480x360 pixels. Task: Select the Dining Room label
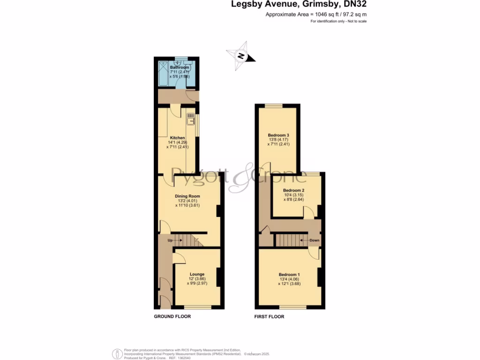(x=187, y=196)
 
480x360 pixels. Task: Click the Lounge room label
(x=197, y=274)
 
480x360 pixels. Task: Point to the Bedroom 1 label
(x=289, y=275)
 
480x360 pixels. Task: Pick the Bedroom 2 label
(x=294, y=190)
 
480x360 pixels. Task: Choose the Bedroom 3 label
(x=278, y=135)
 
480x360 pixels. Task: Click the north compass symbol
(x=241, y=56)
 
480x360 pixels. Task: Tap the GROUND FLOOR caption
(x=172, y=316)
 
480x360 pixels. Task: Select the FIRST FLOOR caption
(x=269, y=316)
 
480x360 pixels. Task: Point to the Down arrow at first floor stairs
(x=311, y=240)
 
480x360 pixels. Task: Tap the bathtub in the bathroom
(x=165, y=74)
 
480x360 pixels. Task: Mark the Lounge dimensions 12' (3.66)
(x=197, y=279)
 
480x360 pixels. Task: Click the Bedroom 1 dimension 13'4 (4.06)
(x=289, y=279)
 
